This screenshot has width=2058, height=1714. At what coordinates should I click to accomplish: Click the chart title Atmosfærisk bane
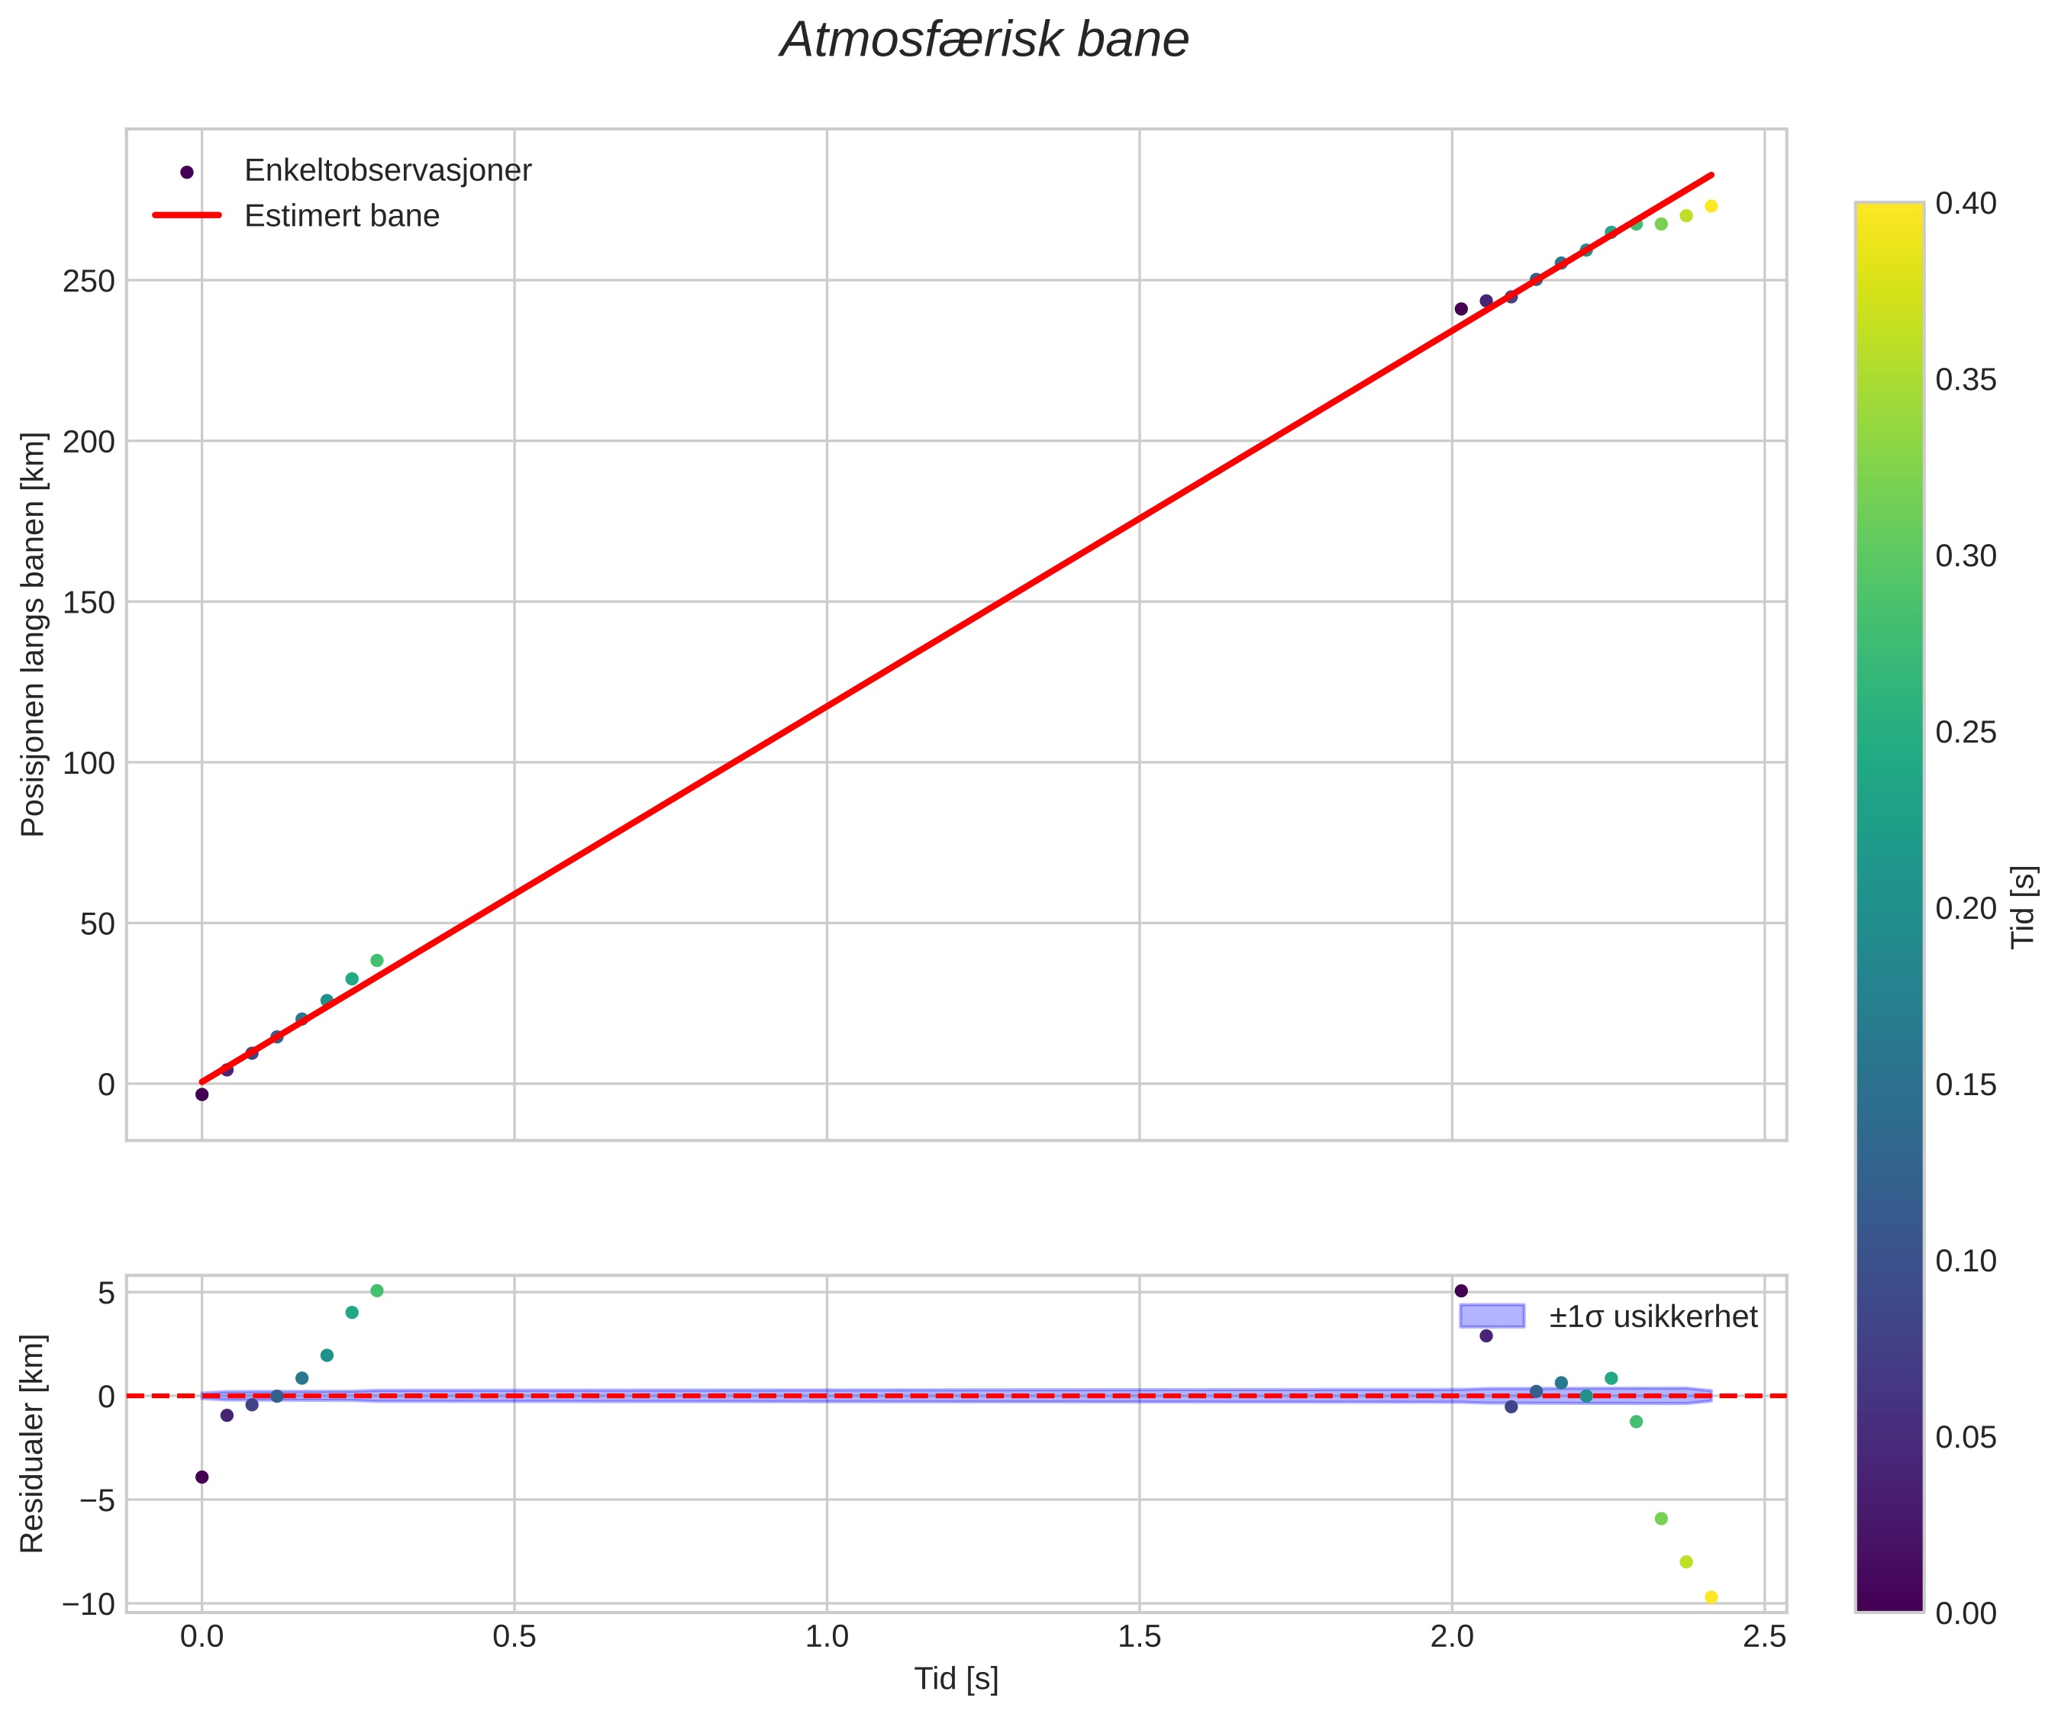point(984,41)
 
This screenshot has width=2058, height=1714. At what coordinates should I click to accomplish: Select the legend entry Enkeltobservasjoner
point(387,170)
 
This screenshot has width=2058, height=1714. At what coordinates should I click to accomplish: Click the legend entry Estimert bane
point(341,216)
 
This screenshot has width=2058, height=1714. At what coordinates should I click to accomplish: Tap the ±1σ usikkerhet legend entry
point(1653,1316)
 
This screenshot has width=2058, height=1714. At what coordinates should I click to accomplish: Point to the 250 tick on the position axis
point(89,282)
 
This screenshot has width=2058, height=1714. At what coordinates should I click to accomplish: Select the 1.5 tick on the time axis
point(1139,1638)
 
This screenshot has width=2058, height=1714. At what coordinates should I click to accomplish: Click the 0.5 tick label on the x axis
point(514,1638)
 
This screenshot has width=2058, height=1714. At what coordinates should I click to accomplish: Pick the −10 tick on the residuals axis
point(89,1604)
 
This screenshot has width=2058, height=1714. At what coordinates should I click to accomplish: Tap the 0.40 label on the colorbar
point(1966,204)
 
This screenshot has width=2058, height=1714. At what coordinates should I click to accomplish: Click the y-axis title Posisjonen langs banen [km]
point(34,634)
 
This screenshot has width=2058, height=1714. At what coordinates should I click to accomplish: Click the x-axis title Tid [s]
point(956,1679)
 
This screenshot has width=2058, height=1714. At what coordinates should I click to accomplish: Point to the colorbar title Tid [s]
point(2024,907)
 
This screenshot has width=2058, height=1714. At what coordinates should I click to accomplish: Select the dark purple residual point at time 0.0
point(202,1477)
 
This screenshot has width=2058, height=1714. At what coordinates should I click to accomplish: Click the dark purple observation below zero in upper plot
point(202,1094)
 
